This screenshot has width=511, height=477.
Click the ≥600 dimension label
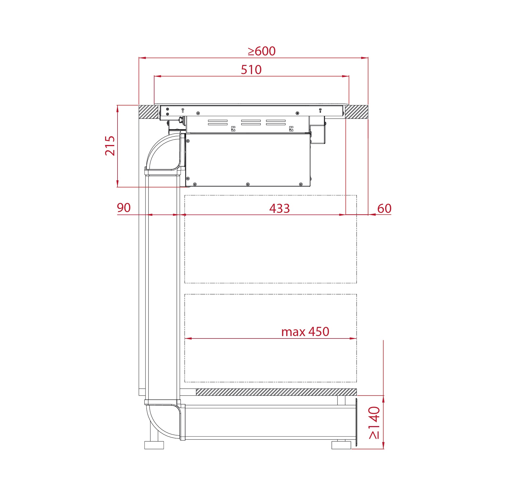(x=261, y=51)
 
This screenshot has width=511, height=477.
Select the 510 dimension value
(x=251, y=70)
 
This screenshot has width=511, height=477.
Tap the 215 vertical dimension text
(x=110, y=146)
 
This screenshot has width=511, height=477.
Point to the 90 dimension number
(x=124, y=208)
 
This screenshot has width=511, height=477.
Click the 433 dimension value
(x=279, y=208)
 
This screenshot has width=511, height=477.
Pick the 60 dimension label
(x=384, y=208)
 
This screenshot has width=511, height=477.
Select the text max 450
(x=305, y=332)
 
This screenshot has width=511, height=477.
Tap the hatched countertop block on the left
(x=149, y=112)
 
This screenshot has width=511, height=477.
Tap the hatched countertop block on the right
(x=357, y=112)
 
